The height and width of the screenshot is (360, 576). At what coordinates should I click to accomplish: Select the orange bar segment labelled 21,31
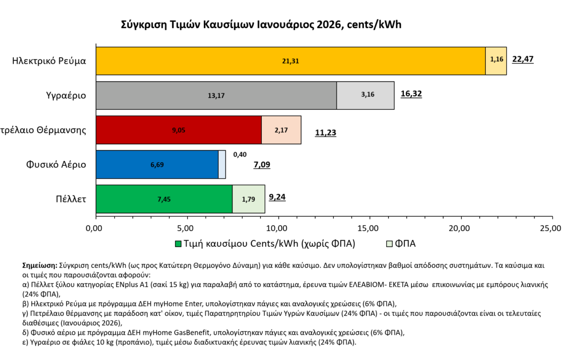291,61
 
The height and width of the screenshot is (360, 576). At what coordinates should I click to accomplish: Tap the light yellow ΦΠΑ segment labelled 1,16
496,61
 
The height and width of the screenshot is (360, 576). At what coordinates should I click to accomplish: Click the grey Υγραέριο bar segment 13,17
216,95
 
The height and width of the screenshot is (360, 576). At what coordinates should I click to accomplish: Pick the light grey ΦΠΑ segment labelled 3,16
365,95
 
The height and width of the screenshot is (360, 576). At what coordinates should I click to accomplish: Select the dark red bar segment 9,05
179,130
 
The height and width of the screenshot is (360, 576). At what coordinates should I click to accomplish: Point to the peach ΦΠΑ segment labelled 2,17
281,130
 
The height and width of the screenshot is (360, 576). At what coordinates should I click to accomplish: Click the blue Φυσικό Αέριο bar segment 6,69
157,164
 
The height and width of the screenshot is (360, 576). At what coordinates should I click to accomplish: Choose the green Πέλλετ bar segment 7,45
164,199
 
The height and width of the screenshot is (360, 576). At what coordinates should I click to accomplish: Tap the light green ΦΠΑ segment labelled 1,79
249,199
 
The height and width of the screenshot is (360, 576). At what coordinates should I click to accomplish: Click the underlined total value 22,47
523,59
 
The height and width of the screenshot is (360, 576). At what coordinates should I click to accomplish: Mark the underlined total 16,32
411,94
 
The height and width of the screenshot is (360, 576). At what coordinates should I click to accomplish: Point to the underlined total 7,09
261,165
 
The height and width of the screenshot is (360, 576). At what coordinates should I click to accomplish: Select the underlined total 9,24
278,197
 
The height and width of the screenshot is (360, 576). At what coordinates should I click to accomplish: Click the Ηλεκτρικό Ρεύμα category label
49,61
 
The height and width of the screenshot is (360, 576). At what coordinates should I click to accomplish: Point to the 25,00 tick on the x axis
550,229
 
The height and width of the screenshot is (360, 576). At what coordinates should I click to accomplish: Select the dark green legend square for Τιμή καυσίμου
179,244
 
